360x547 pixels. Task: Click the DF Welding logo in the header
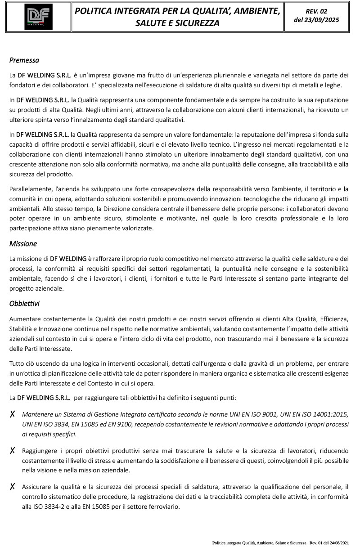(x=38, y=17)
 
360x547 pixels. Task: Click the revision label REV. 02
(x=316, y=11)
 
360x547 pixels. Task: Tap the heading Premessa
(x=24, y=60)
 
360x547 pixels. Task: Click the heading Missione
(x=23, y=244)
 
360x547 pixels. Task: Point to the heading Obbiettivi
(x=24, y=304)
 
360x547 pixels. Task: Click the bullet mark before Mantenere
(x=13, y=414)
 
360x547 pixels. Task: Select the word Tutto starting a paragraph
(x=17, y=364)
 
